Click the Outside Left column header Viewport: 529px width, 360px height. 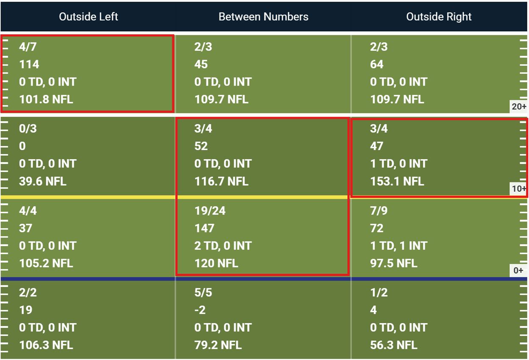pos(88,17)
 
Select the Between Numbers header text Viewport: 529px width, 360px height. pos(263,17)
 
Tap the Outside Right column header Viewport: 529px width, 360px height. pos(439,17)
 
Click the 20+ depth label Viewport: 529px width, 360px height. pos(519,107)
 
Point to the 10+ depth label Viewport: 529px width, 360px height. pos(519,189)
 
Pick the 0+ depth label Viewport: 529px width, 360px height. pos(518,271)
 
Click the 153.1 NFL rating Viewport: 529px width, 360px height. pos(397,181)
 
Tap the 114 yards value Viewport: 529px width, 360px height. pos(29,64)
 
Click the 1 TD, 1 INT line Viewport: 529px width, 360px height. pos(398,246)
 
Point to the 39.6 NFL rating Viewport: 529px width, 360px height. pos(42,181)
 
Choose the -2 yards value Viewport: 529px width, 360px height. pos(200,310)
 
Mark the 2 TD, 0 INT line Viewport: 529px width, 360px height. pos(223,246)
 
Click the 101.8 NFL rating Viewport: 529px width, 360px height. pos(46,100)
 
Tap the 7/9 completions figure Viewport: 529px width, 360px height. pos(379,210)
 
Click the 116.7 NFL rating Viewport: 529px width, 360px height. pos(221,181)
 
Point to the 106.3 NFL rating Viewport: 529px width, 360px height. pos(46,345)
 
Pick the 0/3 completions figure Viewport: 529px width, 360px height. pos(28,129)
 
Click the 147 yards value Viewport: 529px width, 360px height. pos(204,228)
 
